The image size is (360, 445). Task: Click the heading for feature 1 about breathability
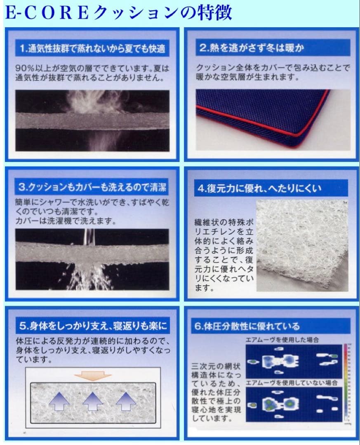tap(92, 49)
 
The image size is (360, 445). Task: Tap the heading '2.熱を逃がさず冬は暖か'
tap(252, 48)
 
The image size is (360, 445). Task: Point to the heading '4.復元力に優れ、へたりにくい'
tap(260, 189)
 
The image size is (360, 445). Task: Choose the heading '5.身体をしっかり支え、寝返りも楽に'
tap(93, 327)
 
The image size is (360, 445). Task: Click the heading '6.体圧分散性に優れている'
tap(247, 327)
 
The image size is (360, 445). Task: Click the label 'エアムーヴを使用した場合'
tap(282, 340)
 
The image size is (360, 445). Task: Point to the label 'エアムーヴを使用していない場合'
tap(291, 383)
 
